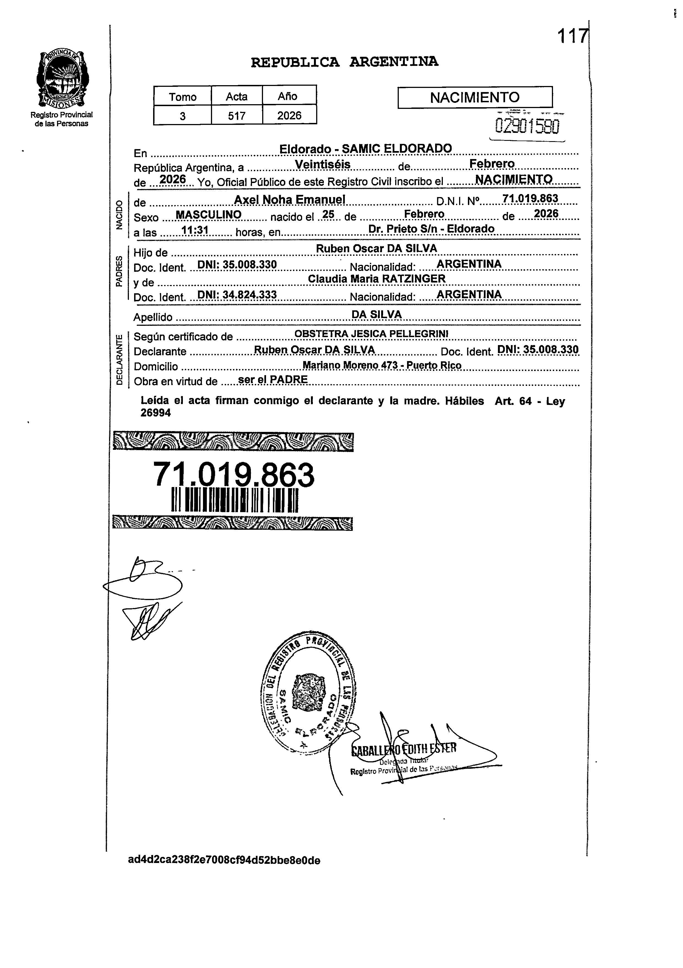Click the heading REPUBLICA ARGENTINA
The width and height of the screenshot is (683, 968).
click(x=344, y=62)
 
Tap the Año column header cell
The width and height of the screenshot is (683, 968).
click(x=288, y=96)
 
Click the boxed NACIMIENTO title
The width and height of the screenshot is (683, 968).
click(x=475, y=97)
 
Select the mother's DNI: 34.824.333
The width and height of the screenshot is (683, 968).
click(x=237, y=294)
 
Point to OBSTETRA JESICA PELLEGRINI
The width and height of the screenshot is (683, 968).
click(x=371, y=334)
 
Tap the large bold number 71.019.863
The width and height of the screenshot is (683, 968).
click(x=234, y=474)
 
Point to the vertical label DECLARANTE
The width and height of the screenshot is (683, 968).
click(x=120, y=359)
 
